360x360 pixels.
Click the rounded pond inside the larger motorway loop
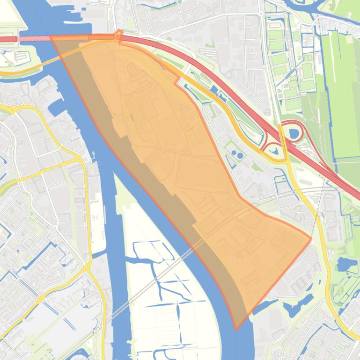294,134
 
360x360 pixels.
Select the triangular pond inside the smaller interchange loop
274,150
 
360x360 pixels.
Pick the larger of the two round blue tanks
240,154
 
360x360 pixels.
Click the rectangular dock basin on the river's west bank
56,106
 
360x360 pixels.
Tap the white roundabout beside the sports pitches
261,14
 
